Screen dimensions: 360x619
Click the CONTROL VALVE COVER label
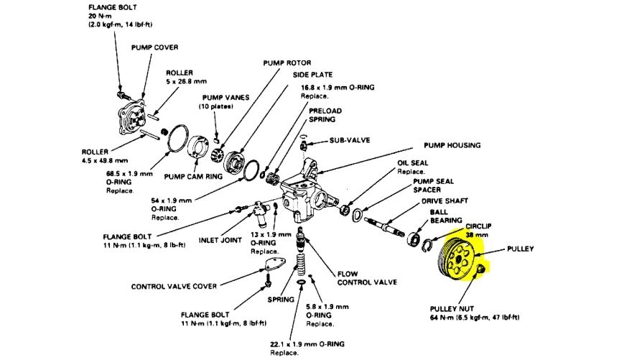click(x=174, y=286)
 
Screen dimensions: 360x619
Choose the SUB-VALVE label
click(x=350, y=140)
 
